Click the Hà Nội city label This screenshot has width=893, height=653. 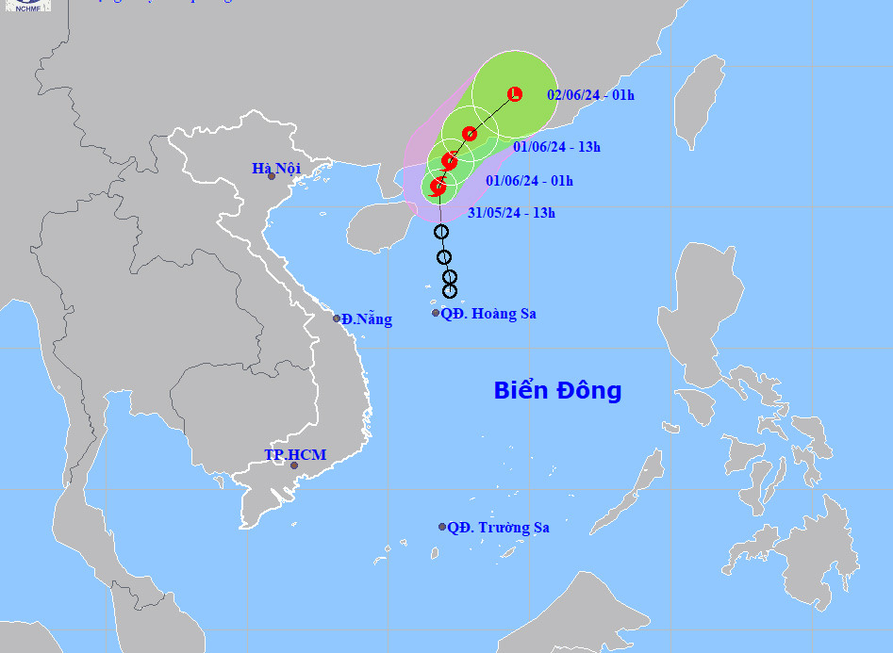click(275, 168)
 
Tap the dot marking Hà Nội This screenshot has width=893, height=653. click(272, 176)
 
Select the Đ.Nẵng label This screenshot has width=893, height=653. click(367, 319)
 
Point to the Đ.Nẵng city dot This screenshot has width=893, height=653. click(337, 318)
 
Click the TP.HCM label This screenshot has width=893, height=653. click(294, 455)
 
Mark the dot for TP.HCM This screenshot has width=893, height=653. click(294, 465)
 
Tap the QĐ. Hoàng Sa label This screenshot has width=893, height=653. click(488, 314)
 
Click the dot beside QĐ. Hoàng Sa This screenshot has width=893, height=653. click(436, 313)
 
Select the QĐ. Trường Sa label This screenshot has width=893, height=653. click(498, 528)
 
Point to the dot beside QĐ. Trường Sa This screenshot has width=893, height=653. click(441, 527)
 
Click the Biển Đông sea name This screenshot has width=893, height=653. click(557, 390)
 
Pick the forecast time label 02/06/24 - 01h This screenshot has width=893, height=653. click(590, 94)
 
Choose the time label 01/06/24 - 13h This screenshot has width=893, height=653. click(556, 146)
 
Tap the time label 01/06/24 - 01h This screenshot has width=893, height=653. click(529, 181)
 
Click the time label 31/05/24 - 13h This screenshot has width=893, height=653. click(511, 213)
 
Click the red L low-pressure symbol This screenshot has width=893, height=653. click(515, 93)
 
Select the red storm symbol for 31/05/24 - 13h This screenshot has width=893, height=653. click(438, 187)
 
